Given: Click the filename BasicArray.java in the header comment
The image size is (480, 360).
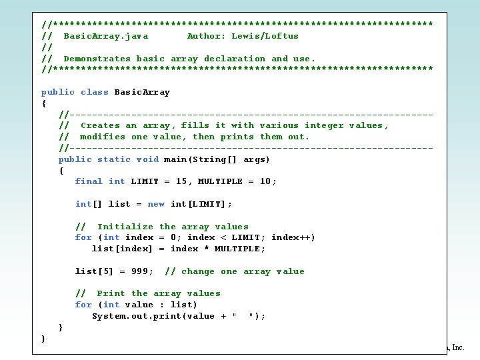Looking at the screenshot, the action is [105, 36].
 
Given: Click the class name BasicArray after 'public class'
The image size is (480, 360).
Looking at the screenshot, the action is [142, 92].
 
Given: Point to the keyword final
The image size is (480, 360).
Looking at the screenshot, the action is [89, 181].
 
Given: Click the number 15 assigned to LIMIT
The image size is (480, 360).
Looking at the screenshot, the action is [181, 181].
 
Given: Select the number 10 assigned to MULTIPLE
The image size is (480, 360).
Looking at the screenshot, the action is [265, 181].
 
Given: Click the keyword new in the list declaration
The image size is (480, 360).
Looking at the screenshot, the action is [156, 204].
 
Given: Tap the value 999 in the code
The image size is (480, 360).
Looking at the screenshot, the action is [142, 271].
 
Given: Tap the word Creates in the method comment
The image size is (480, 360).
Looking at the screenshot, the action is [100, 125].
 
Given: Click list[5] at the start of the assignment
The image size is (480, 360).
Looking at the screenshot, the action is [94, 271].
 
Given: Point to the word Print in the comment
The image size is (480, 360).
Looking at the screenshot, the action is [111, 293].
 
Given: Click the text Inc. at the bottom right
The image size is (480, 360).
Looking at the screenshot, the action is [458, 347].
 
